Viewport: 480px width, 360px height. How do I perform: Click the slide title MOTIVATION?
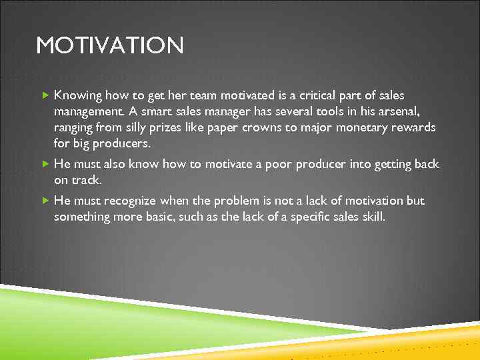click(x=110, y=46)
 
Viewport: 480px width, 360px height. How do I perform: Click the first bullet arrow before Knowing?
click(x=45, y=95)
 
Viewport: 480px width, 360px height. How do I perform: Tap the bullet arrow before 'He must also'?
click(x=45, y=164)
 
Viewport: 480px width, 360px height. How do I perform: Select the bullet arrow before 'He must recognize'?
click(x=45, y=201)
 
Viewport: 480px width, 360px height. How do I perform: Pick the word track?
click(x=86, y=180)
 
